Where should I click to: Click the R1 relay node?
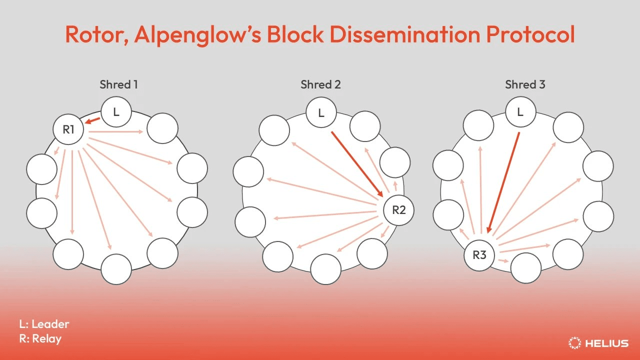[68, 129]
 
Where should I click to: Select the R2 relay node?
[398, 210]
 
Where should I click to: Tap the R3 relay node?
[479, 255]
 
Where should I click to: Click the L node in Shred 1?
[116, 111]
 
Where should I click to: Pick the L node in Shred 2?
[321, 112]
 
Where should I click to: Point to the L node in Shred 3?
[520, 111]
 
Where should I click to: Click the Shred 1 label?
[118, 84]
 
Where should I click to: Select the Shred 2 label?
[320, 84]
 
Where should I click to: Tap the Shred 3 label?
[525, 84]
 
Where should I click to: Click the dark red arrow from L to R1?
[92, 121]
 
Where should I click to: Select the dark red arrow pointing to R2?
[357, 164]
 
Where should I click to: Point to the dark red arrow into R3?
[503, 182]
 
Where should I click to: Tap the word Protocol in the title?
[530, 34]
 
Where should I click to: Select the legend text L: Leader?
[44, 324]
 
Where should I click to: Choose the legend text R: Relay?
[40, 339]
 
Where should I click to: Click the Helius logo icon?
[574, 343]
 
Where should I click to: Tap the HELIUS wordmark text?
[607, 343]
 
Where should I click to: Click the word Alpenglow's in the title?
[197, 35]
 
